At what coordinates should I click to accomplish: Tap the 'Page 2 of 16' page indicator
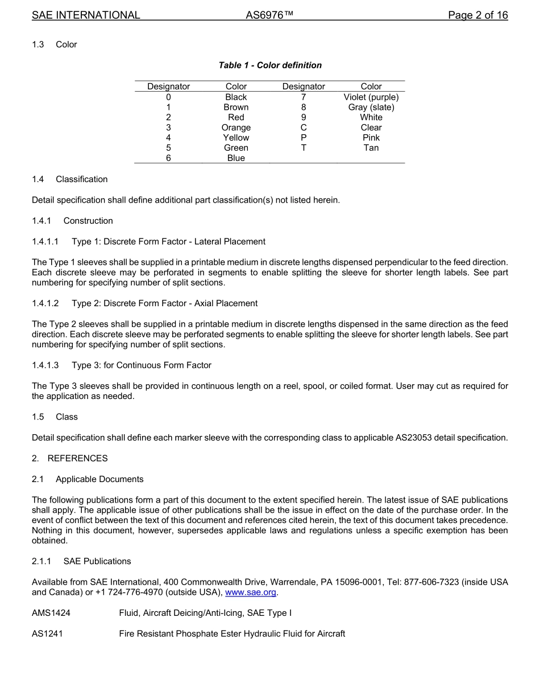click(477, 15)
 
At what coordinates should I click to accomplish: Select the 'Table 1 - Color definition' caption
click(270, 65)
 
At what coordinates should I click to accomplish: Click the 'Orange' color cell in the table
click(236, 127)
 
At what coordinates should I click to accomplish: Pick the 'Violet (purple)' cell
click(371, 97)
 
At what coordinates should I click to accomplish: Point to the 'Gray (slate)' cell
click(371, 108)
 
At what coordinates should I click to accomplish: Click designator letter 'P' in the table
click(304, 138)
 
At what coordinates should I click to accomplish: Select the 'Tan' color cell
click(371, 148)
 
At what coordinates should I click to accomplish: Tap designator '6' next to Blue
click(168, 158)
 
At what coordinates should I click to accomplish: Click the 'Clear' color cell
click(371, 127)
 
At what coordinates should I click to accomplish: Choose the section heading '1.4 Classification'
click(70, 179)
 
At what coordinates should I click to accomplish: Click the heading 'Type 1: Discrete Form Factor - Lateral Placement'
click(168, 242)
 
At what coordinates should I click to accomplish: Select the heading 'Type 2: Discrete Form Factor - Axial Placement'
click(164, 303)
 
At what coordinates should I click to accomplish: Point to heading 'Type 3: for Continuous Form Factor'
click(141, 365)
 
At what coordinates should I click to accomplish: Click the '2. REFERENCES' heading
click(69, 459)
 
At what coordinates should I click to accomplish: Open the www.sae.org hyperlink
click(251, 593)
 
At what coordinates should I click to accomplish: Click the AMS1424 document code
click(51, 614)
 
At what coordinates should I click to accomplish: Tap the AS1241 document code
click(47, 634)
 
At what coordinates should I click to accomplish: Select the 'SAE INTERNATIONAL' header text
click(86, 15)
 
